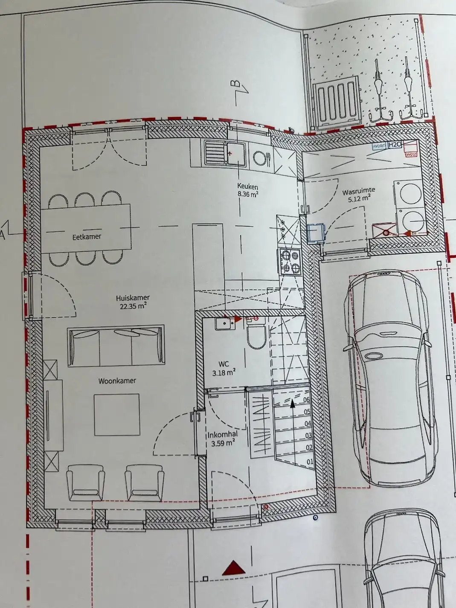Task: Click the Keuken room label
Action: pos(248,186)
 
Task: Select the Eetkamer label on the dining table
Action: pos(87,236)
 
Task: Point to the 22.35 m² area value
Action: pos(133,305)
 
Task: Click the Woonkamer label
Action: pos(117,381)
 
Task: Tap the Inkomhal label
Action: pos(222,435)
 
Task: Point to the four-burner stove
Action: pos(290,261)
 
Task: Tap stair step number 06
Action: pos(306,400)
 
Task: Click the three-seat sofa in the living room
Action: pos(116,346)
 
